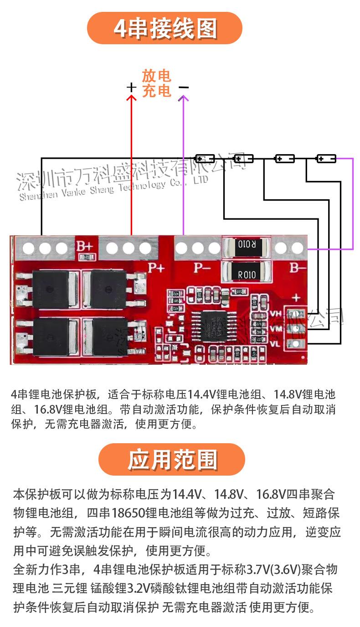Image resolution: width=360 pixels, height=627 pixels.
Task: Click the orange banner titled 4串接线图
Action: [x=165, y=28]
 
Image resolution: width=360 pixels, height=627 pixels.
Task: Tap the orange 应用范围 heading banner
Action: [x=172, y=459]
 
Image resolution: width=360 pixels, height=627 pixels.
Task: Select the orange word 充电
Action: [x=156, y=91]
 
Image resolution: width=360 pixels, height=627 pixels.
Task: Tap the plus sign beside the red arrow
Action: [x=131, y=87]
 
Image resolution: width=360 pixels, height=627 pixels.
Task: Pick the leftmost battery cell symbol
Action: [x=205, y=159]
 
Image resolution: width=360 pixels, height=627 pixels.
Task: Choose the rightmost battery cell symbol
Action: [x=326, y=159]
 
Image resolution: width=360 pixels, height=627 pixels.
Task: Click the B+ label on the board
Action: [x=84, y=246]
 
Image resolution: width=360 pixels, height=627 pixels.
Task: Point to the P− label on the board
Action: [x=201, y=268]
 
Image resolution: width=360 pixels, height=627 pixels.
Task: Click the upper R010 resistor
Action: [x=247, y=245]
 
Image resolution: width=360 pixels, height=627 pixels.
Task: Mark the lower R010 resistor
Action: [x=247, y=274]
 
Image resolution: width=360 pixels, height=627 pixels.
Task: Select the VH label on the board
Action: [x=276, y=313]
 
